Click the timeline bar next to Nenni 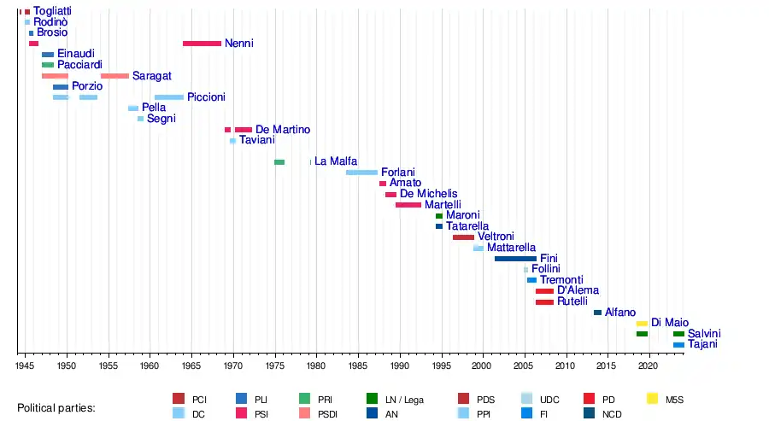[x=202, y=44]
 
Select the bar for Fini [x=515, y=259]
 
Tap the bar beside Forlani [x=361, y=172]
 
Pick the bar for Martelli [x=408, y=205]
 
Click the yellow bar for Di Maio [x=642, y=324]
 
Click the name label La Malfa [x=335, y=161]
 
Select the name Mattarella [x=511, y=248]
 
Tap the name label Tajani [x=702, y=345]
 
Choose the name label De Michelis [x=428, y=194]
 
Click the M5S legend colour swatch [x=653, y=399]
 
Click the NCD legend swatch [x=589, y=413]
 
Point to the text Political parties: [x=56, y=408]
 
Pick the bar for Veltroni [x=463, y=237]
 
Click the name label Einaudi [x=76, y=54]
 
